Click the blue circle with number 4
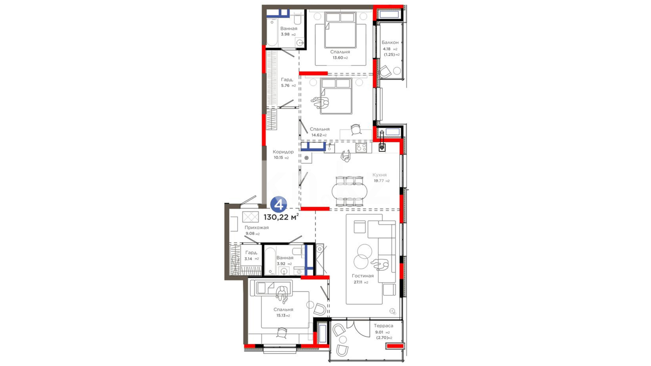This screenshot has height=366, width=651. pyautogui.click(x=279, y=205)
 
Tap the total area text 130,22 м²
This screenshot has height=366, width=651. pyautogui.click(x=281, y=217)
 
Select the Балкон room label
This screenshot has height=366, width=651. pyautogui.click(x=390, y=42)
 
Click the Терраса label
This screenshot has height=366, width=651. pyautogui.click(x=383, y=326)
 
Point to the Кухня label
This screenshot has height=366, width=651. pyautogui.click(x=379, y=175)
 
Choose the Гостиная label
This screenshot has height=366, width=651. pyautogui.click(x=362, y=276)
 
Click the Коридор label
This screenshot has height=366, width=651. pyautogui.click(x=283, y=152)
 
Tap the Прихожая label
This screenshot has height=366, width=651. pyautogui.click(x=257, y=227)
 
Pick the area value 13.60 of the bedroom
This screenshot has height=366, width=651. pyautogui.click(x=338, y=58)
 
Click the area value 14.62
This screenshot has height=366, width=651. pyautogui.click(x=317, y=135)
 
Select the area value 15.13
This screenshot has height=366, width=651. pyautogui.click(x=281, y=316)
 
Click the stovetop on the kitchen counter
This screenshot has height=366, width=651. pyautogui.click(x=361, y=147)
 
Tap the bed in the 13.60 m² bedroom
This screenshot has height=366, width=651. pyautogui.click(x=340, y=30)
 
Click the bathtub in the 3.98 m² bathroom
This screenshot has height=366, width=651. pyautogui.click(x=272, y=32)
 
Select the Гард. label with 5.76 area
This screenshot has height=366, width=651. pyautogui.click(x=287, y=80)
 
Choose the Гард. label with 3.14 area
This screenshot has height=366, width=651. pyautogui.click(x=251, y=252)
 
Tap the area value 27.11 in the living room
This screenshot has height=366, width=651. pyautogui.click(x=358, y=282)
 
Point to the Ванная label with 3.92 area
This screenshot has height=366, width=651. pyautogui.click(x=285, y=258)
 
